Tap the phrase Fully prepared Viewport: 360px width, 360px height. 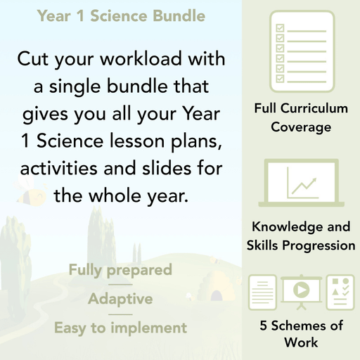(x=120, y=270)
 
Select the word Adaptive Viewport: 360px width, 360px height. (x=120, y=299)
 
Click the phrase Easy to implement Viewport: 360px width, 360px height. (x=120, y=328)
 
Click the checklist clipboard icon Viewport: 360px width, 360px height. (x=302, y=48)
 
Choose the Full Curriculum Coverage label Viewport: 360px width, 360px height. (x=302, y=118)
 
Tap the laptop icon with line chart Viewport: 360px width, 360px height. (x=302, y=186)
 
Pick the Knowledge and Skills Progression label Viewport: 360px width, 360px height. (x=302, y=236)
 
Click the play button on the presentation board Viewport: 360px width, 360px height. (x=302, y=290)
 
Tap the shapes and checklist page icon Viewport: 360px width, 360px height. (x=341, y=292)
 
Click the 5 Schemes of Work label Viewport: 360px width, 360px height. (x=302, y=335)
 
